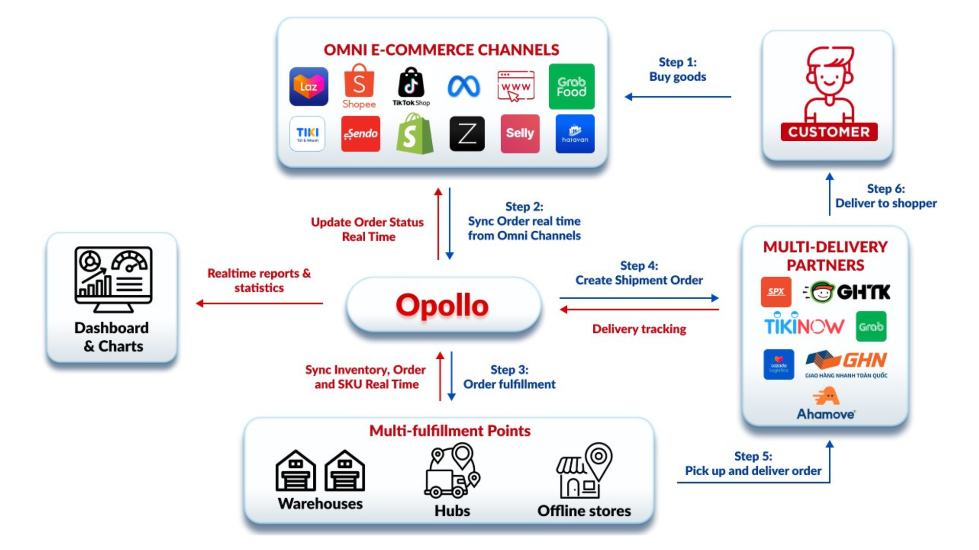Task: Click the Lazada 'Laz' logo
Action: [x=308, y=87]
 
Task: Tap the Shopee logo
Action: [x=359, y=87]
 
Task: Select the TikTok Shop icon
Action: [x=411, y=87]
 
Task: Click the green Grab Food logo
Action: [x=571, y=87]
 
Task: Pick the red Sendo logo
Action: [x=361, y=133]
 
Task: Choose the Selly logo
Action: [x=520, y=133]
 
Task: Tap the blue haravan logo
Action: [x=575, y=133]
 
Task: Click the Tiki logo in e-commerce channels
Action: [x=307, y=133]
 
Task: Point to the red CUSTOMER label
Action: [x=829, y=132]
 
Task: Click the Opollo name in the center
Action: [x=442, y=305]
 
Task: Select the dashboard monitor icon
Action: [x=113, y=279]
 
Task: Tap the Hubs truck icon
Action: [x=452, y=470]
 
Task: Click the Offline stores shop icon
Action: [x=584, y=470]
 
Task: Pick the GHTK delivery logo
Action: [x=847, y=292]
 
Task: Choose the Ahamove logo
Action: [x=826, y=404]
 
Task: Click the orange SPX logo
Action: [x=776, y=292]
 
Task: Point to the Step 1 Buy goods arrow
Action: [x=678, y=97]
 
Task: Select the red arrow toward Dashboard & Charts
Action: [x=259, y=303]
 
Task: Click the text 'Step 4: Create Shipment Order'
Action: [x=639, y=273]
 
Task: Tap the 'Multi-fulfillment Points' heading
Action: [x=450, y=431]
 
